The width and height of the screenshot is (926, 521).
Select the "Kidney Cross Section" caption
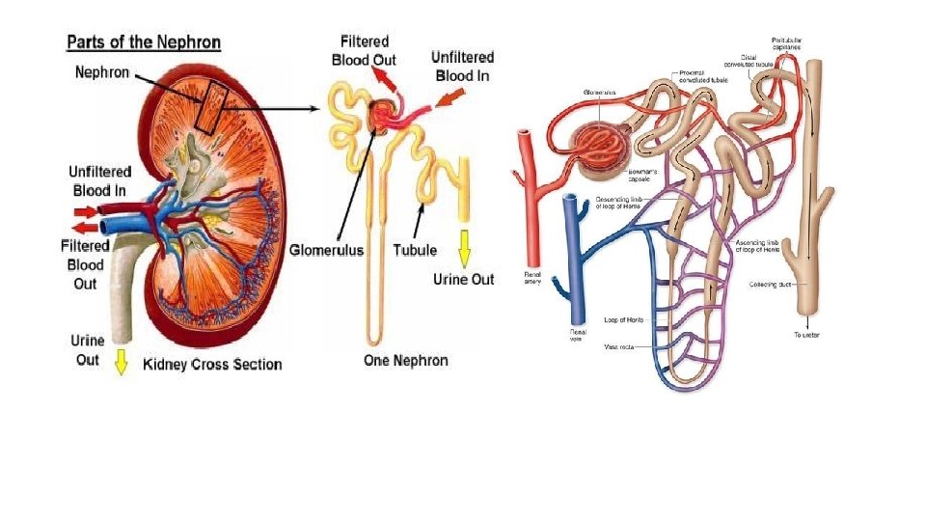point(212,364)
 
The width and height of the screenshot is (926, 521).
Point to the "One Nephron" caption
point(405,360)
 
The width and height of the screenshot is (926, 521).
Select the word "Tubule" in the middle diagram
point(415,250)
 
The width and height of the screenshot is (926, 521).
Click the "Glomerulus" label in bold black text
point(327,250)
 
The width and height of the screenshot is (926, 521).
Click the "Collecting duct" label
point(771,284)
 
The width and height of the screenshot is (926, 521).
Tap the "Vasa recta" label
point(617,344)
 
